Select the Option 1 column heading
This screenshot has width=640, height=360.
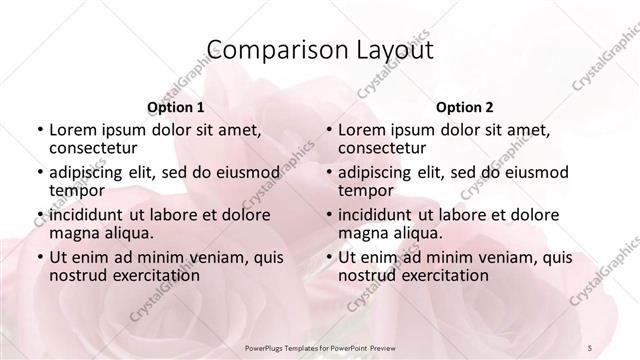click(x=176, y=107)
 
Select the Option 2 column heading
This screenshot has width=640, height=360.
click(x=465, y=107)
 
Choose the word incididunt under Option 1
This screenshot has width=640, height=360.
click(x=88, y=215)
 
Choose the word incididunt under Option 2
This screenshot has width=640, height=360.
click(x=377, y=215)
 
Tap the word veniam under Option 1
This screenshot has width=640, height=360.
click(x=209, y=258)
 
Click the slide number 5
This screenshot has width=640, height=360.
click(x=591, y=344)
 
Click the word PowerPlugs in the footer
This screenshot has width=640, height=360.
click(x=268, y=344)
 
